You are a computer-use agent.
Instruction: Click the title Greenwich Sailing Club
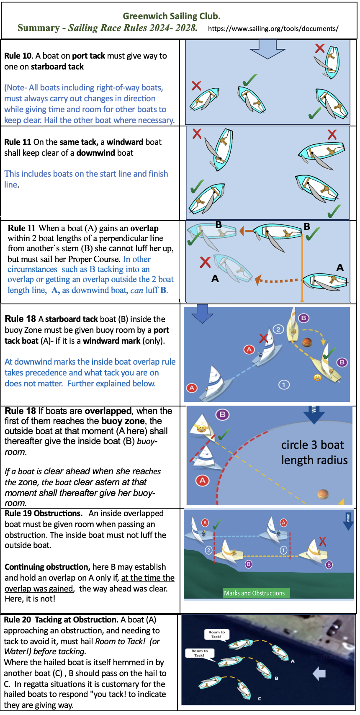(171, 16)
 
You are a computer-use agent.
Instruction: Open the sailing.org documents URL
(273, 28)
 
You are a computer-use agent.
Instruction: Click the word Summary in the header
(39, 28)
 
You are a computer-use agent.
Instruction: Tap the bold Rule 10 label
(18, 56)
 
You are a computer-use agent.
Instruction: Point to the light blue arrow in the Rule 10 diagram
(267, 49)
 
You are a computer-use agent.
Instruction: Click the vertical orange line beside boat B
(302, 268)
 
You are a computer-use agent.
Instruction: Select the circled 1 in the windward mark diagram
(284, 384)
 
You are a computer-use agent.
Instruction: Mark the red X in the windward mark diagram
(263, 337)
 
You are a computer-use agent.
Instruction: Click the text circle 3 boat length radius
(314, 452)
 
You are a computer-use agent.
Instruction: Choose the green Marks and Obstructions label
(254, 593)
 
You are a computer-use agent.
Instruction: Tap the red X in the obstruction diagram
(322, 542)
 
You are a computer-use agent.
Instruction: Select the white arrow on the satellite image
(319, 673)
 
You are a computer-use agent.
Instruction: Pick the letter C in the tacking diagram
(260, 698)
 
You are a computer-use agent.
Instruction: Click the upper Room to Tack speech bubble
(216, 634)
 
